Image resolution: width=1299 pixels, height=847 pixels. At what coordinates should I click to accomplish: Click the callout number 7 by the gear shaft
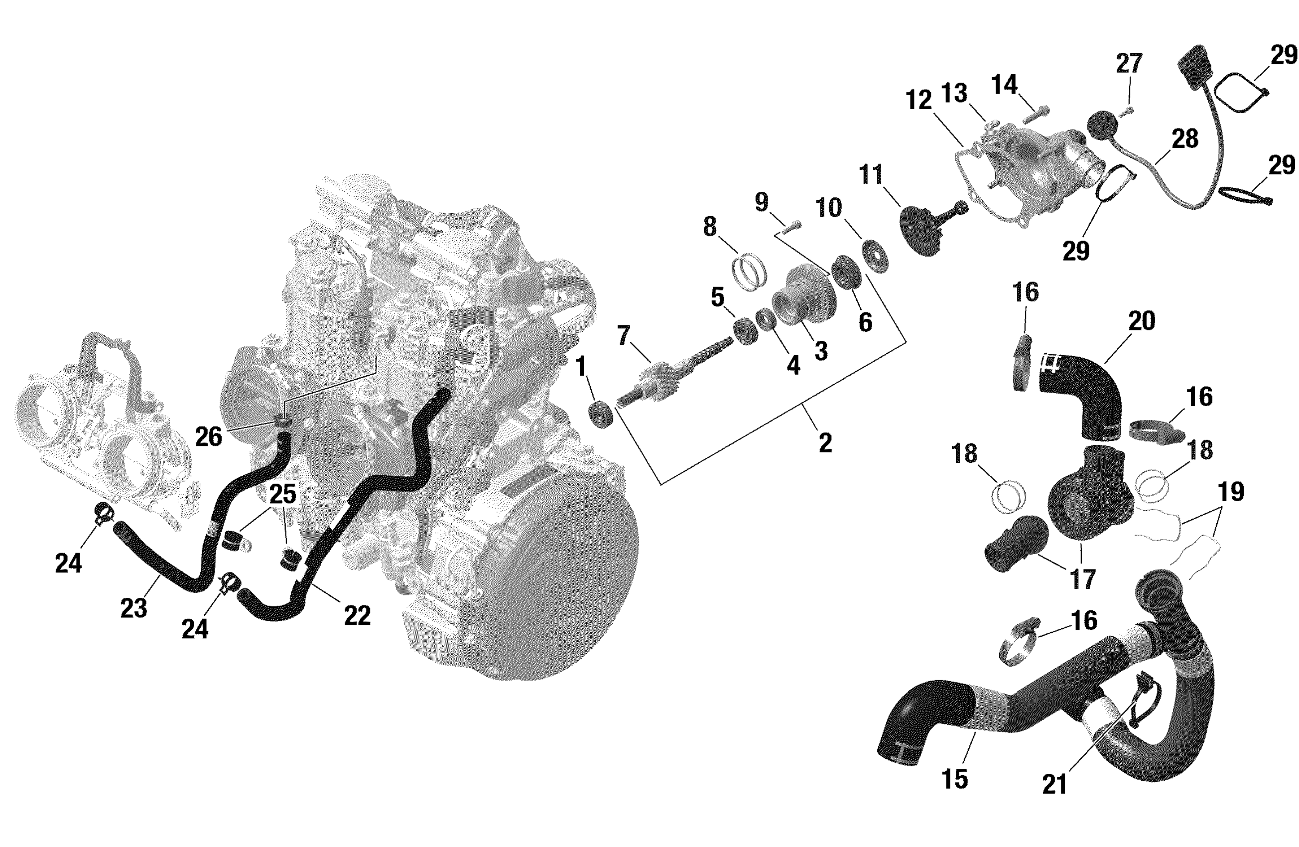[x=623, y=335]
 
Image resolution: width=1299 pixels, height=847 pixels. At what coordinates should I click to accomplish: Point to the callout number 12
[x=918, y=101]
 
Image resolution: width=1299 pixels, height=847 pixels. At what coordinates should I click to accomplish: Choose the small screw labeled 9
[x=791, y=226]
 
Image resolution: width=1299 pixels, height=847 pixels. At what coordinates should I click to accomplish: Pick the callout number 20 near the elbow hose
[x=1141, y=320]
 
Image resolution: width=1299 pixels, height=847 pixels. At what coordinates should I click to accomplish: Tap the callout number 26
[x=209, y=437]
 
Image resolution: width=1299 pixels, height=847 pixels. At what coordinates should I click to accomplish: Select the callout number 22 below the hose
[x=358, y=615]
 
